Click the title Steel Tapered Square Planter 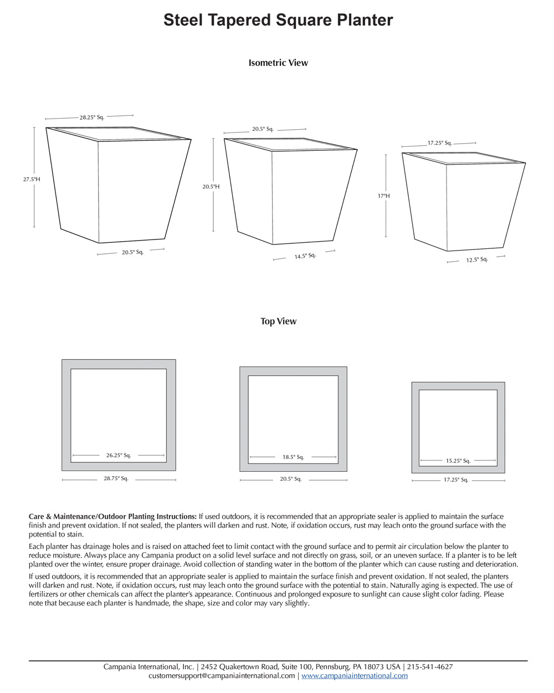[x=278, y=21]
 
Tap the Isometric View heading [x=278, y=63]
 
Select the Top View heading [x=278, y=321]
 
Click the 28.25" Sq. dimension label [x=91, y=118]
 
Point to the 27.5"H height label [x=32, y=179]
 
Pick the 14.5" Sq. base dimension [x=305, y=256]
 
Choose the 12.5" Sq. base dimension [x=476, y=259]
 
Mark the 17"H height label [x=384, y=196]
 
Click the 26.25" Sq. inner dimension [x=119, y=455]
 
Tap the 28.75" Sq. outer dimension [x=116, y=478]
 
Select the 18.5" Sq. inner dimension [x=293, y=457]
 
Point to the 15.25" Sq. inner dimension [x=458, y=461]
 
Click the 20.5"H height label [x=211, y=187]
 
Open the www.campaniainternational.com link [x=355, y=676]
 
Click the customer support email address [x=222, y=676]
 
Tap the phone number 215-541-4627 [x=430, y=667]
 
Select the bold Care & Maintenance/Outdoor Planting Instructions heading [x=112, y=516]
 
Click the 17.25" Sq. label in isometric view [x=439, y=143]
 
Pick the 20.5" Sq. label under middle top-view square [x=290, y=479]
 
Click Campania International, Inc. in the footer [x=148, y=667]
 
